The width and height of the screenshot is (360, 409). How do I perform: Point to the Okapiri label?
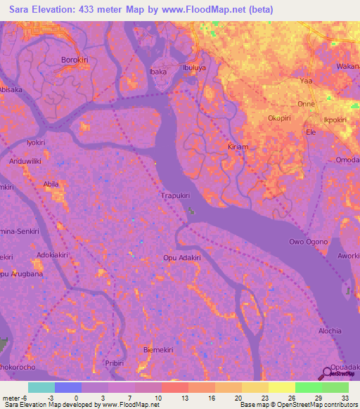click(x=280, y=119)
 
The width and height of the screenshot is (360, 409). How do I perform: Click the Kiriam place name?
click(x=238, y=146)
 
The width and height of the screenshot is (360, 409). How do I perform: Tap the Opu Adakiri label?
click(x=182, y=257)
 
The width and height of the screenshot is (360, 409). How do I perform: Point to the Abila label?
click(x=51, y=184)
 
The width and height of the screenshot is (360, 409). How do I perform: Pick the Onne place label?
click(x=307, y=103)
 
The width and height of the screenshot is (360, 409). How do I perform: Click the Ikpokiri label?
click(x=335, y=119)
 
